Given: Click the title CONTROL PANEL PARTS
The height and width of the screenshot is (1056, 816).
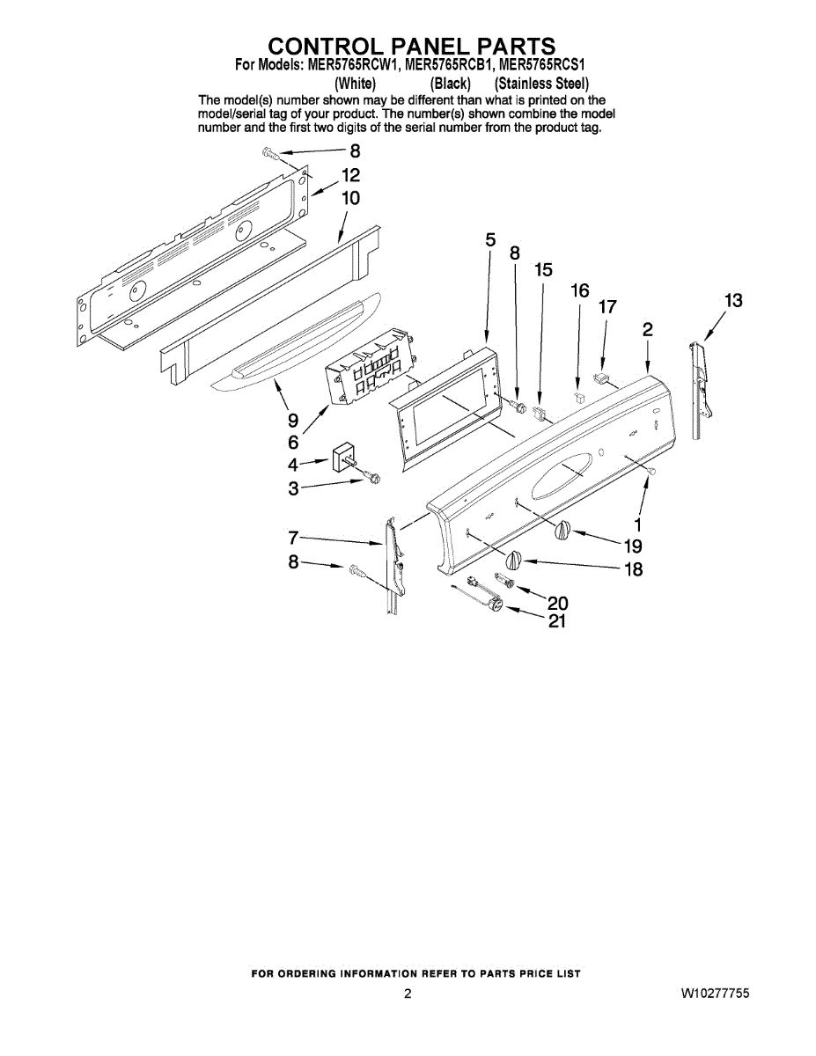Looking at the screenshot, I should coord(411,46).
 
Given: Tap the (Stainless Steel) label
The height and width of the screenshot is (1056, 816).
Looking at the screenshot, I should coord(540,84).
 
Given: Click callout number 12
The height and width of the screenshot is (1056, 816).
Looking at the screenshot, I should coord(350,175).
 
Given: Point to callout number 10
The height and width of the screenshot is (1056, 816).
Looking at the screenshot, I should coord(350,198).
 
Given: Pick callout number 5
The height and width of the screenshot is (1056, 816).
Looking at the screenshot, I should coord(490,239).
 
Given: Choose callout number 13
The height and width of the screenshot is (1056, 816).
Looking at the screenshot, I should coord(732,301).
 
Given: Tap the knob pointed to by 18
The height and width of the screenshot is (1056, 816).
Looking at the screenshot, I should coord(515,559).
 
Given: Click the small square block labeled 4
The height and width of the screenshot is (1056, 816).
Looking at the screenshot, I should coord(342,459).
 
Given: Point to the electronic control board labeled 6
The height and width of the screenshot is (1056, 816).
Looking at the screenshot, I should coord(370,369).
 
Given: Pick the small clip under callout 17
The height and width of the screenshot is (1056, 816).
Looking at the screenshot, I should coord(604,379).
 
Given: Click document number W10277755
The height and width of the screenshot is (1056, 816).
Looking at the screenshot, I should coord(714,994).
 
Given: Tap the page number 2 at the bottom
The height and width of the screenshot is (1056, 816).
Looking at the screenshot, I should coord(408,994).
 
